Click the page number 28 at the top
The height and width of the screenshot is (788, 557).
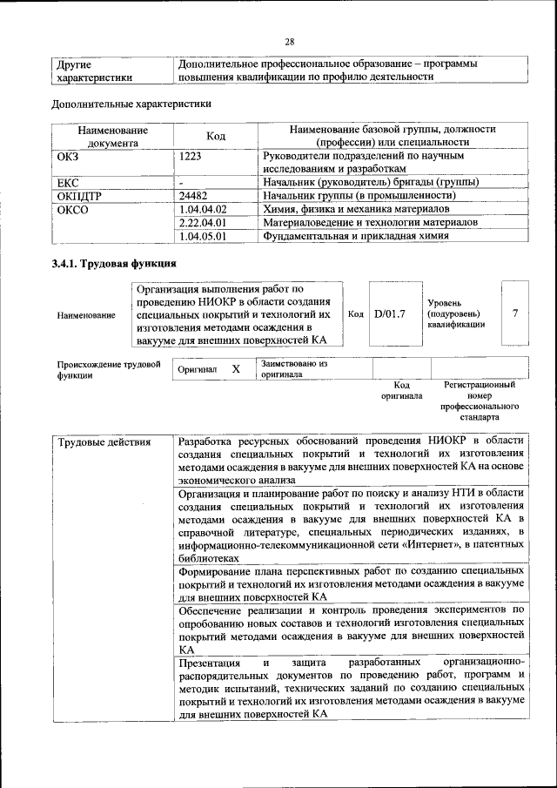289,40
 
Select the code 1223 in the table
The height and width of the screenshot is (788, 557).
191,155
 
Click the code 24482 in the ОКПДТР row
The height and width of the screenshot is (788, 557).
192,196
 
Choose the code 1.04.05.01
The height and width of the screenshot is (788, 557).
202,235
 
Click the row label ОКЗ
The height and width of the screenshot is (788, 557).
67,155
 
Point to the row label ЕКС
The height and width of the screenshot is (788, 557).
68,183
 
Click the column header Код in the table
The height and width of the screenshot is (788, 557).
215,136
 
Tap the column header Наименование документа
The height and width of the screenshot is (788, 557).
112,136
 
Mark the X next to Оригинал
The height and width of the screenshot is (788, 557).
235,369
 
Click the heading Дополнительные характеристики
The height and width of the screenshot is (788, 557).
131,104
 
